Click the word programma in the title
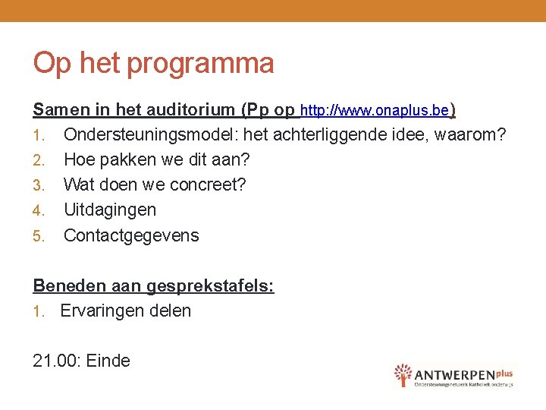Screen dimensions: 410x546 tap(200, 64)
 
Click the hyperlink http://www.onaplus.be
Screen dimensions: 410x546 tap(375, 111)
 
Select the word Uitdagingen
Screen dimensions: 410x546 tap(110, 210)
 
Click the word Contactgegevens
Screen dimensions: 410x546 tap(131, 235)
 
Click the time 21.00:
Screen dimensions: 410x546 tap(57, 361)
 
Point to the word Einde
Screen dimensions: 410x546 tap(108, 361)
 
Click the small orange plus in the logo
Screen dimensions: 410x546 tap(506, 371)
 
